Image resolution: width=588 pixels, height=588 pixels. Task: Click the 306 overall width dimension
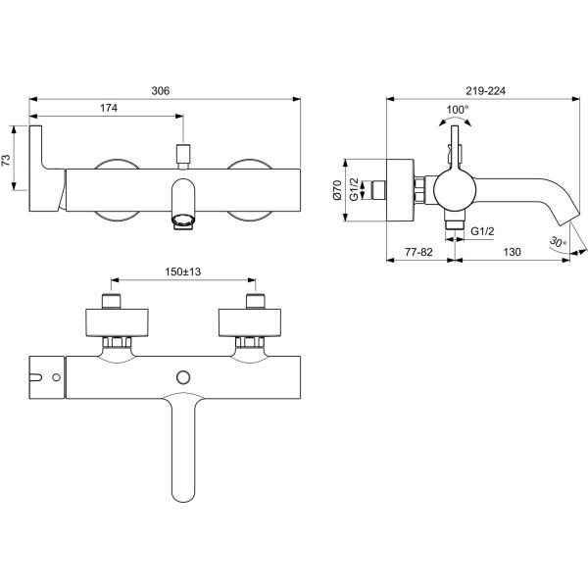160,91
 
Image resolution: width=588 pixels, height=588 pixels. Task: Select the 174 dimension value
109,108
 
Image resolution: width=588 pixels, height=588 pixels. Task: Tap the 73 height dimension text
7,160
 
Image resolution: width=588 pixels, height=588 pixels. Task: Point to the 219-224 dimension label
485,91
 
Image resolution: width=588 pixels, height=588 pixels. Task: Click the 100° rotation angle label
457,110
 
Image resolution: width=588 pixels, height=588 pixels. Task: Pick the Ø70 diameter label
337,190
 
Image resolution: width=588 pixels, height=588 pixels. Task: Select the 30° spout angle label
558,242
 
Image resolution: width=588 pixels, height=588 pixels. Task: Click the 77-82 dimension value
418,252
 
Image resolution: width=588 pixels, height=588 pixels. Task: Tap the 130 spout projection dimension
512,252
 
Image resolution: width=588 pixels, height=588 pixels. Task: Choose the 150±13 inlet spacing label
183,271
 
